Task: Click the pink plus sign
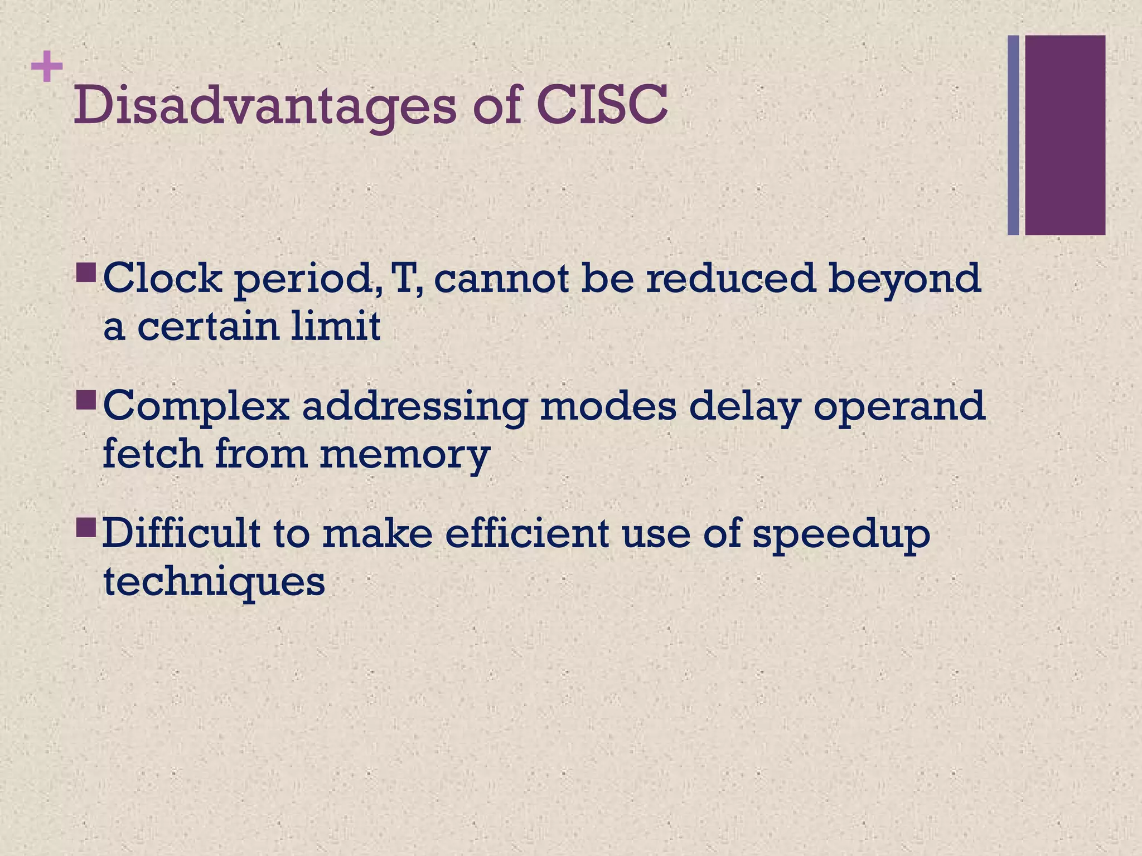[47, 67]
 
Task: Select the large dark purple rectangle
[1065, 135]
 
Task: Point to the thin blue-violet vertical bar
[1013, 135]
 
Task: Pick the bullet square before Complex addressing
[87, 399]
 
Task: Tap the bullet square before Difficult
[87, 527]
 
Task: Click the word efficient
[526, 533]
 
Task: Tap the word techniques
[214, 583]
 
